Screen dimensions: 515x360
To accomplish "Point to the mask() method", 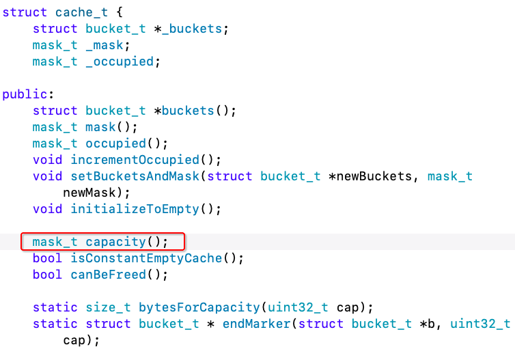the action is point(101,127).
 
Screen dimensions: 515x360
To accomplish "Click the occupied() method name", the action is point(115,143).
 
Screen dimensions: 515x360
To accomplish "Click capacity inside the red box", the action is point(116,242).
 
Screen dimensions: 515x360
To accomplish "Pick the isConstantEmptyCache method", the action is point(146,258).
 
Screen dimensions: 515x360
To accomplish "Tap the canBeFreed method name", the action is point(109,275).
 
